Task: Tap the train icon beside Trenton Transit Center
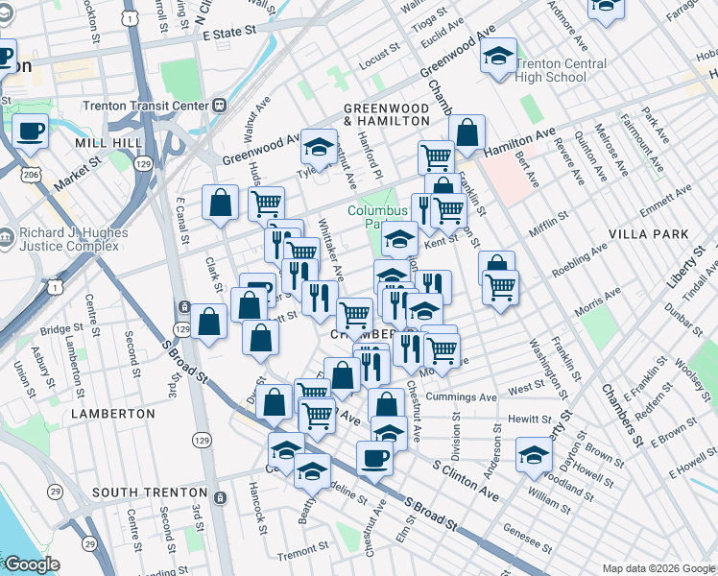tap(220, 105)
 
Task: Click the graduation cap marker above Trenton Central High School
tap(498, 58)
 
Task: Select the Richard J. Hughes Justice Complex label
tap(71, 240)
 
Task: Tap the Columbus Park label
tap(371, 217)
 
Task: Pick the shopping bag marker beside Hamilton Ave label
tap(467, 133)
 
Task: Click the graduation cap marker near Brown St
tap(535, 454)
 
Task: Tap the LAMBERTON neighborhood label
tap(112, 413)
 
